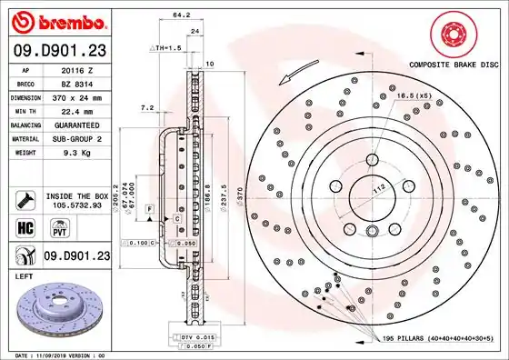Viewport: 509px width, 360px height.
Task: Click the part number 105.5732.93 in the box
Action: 75,206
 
